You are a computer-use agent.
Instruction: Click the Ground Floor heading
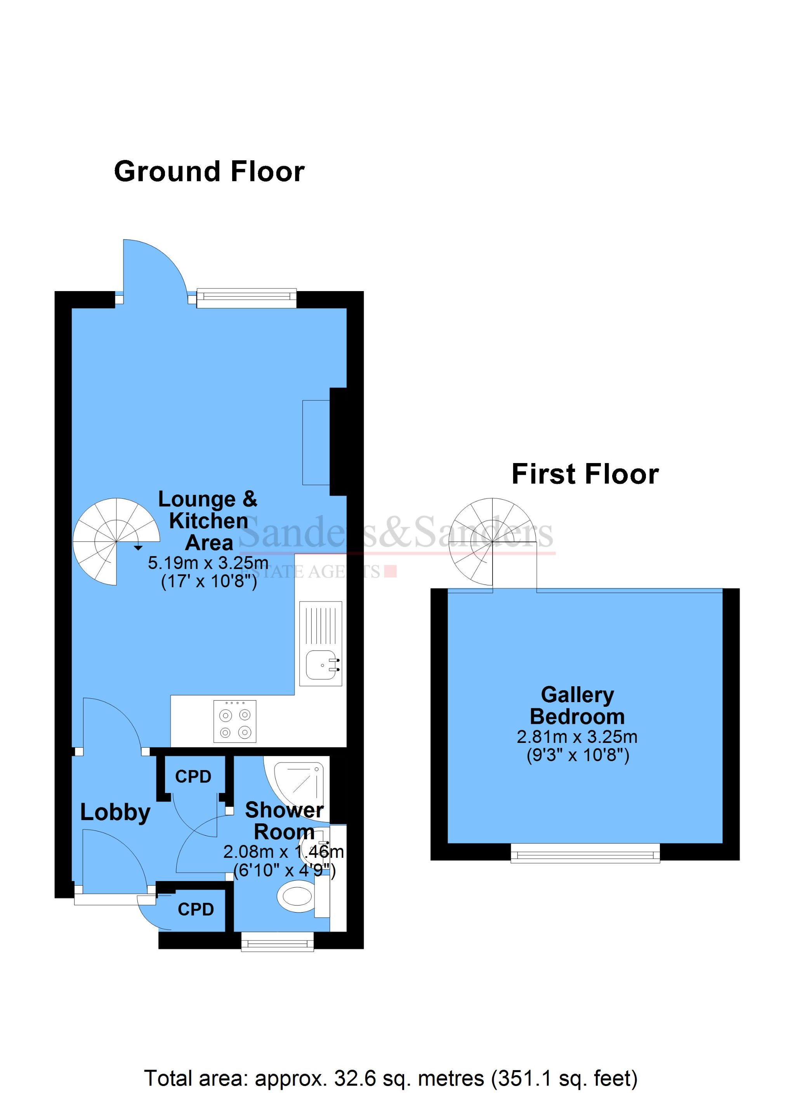(209, 172)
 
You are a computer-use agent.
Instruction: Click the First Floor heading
(585, 474)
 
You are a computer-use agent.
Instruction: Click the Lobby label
(115, 812)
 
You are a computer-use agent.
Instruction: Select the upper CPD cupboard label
(193, 776)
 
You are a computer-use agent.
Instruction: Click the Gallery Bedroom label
(577, 706)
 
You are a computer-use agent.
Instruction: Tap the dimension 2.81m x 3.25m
(577, 737)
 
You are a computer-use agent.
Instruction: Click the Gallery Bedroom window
(585, 855)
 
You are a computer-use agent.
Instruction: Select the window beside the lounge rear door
(246, 298)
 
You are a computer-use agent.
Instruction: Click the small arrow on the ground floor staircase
(138, 548)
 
